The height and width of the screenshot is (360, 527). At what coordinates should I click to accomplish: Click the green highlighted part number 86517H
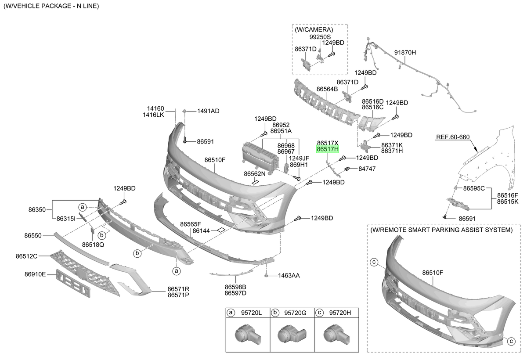[328, 149]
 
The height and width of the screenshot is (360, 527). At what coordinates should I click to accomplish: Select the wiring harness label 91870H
[405, 52]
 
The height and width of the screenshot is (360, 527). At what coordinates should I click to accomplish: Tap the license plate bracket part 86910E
[73, 283]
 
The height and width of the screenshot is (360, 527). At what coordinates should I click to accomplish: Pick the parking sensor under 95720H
[337, 335]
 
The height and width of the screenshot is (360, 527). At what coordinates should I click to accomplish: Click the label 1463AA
[289, 276]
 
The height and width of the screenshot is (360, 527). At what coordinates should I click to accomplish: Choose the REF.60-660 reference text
[453, 137]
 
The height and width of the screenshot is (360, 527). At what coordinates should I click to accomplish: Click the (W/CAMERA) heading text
[314, 30]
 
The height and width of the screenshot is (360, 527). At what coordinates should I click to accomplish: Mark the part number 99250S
[320, 37]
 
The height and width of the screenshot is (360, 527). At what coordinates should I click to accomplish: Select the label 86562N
[255, 174]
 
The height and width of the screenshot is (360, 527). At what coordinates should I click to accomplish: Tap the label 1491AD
[208, 111]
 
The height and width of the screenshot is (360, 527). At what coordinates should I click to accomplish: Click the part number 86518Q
[93, 245]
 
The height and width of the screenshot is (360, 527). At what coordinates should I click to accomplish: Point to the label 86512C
[27, 256]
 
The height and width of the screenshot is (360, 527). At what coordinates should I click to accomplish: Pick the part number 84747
[367, 169]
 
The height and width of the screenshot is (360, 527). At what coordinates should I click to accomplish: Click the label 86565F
[191, 224]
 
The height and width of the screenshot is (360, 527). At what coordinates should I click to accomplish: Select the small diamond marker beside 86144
[221, 230]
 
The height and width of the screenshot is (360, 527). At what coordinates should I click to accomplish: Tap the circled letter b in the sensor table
[275, 313]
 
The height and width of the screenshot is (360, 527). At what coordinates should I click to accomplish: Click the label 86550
[33, 236]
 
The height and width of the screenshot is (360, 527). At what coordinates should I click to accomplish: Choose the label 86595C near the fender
[474, 188]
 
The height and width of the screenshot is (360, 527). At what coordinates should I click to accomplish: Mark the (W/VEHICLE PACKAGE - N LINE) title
[51, 6]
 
